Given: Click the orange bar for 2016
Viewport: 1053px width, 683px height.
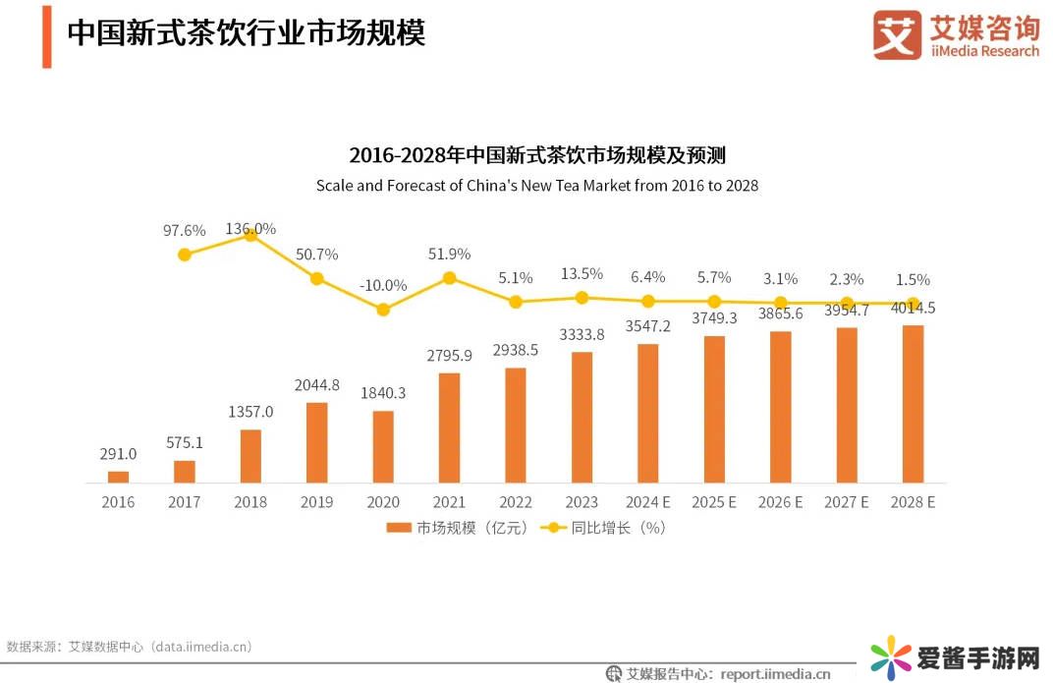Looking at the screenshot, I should point(118,477).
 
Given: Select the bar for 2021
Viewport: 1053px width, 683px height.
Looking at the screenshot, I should point(449,427).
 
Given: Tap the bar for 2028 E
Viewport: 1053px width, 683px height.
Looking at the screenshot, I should point(913,404).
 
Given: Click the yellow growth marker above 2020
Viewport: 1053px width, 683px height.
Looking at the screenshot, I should point(383,310).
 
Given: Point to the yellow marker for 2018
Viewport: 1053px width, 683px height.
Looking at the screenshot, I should point(250,235).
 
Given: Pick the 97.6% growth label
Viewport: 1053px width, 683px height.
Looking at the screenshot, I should point(184,231).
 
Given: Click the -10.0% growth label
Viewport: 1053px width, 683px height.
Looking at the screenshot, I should point(383,285).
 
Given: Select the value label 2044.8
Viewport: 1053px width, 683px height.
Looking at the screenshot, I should point(316,385).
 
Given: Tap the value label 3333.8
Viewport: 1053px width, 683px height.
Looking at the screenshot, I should point(582,334).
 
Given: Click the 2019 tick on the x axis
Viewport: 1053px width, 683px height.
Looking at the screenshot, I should point(316,502).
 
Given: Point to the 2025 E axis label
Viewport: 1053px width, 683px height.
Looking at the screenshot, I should point(714,502).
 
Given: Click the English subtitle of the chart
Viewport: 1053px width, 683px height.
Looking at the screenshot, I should point(536,185).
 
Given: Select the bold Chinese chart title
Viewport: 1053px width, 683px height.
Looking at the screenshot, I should point(536,155).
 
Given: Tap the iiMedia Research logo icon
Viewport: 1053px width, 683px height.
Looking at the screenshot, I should point(897,35).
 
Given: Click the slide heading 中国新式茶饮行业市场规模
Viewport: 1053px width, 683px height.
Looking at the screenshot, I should point(246,32).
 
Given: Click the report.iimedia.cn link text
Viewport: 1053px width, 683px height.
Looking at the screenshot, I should point(775,674).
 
